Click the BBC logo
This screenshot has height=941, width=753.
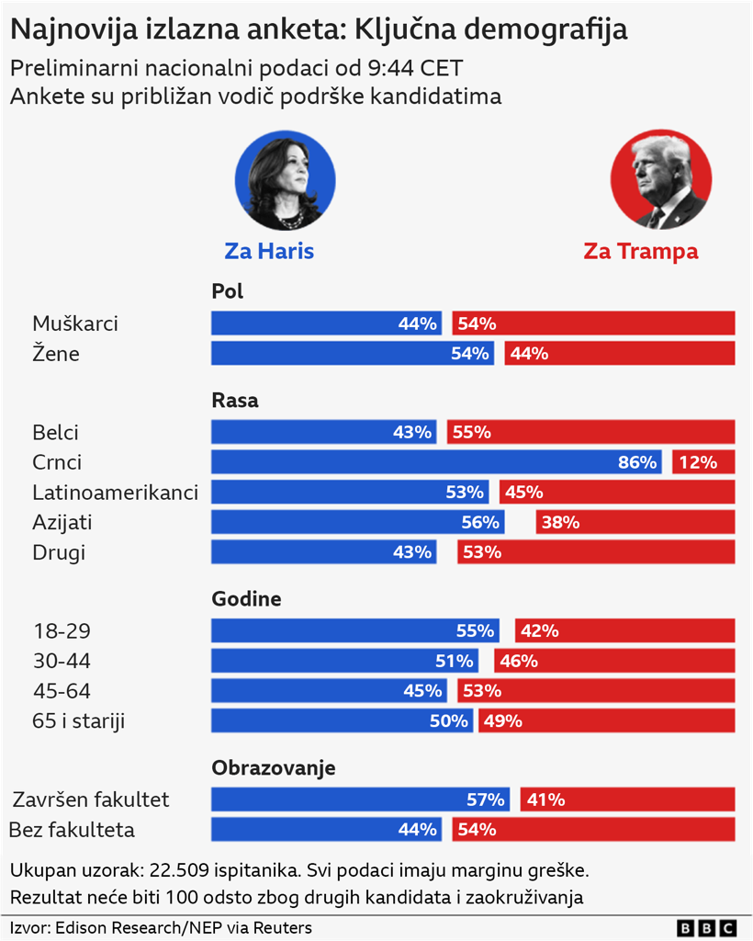coord(706,928)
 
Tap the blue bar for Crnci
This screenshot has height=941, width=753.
coord(435,462)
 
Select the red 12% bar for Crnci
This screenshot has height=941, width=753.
coord(703,462)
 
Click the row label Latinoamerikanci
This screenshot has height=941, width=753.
coord(115,493)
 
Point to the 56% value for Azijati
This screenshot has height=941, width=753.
coord(481,523)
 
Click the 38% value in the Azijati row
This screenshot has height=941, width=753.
coord(560,523)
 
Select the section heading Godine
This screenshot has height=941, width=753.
coord(246,599)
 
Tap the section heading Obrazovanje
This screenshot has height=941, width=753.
coord(274,768)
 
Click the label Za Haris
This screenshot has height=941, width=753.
coord(269,251)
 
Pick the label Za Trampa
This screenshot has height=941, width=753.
coord(641,251)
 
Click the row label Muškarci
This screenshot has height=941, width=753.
coord(75,323)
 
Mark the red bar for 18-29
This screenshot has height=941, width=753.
coord(624,630)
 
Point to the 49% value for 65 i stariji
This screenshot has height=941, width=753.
coord(502,721)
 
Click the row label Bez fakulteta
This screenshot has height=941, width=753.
coord(72,830)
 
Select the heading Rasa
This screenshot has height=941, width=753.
coord(235,401)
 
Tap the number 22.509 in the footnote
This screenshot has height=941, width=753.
coord(179,869)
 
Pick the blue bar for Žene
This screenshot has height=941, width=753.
coord(353,354)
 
